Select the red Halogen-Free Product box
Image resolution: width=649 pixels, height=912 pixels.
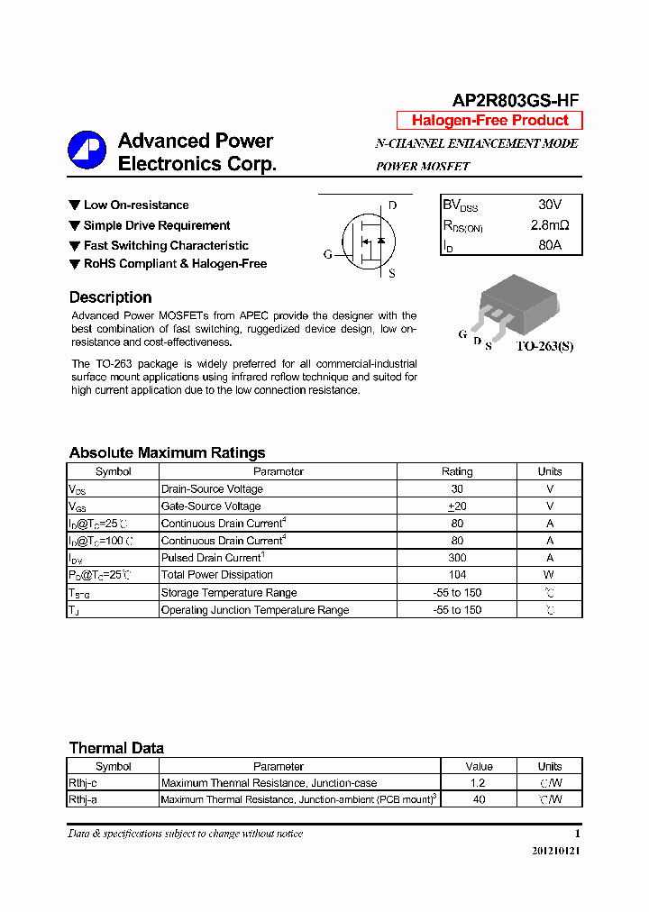tap(489, 121)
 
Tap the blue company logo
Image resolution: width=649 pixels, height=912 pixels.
tap(87, 150)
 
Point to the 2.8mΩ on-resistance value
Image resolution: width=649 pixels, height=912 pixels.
tap(550, 225)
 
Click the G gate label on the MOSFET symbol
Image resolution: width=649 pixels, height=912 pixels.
tap(328, 254)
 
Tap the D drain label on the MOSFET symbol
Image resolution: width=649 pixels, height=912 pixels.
tap(392, 205)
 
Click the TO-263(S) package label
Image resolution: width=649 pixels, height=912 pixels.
tap(544, 346)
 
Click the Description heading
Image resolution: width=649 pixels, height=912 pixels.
tap(110, 297)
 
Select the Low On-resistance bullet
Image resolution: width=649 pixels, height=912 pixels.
tap(136, 205)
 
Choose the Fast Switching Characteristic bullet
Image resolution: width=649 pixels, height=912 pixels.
tap(166, 245)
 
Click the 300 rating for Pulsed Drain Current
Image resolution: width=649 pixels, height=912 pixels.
tap(457, 558)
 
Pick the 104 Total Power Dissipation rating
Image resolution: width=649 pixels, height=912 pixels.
tap(457, 575)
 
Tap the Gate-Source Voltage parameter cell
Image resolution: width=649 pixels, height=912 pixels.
tap(211, 506)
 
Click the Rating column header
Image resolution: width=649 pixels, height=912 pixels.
tap(457, 471)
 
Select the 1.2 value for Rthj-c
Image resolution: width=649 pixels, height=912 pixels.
tap(478, 783)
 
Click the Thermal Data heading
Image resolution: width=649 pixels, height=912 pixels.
tap(116, 748)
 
